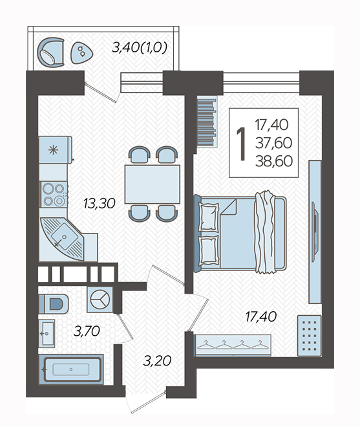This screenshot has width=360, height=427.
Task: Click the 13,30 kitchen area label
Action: (100, 203)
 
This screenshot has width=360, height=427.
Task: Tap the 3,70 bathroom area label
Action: (87, 331)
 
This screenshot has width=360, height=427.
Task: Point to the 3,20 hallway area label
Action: (157, 361)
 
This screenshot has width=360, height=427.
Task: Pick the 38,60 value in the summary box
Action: (274, 161)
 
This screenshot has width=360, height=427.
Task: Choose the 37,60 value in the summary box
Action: (274, 143)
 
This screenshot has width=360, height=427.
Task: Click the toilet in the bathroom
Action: (54, 303)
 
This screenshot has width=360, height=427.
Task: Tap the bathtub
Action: (71, 369)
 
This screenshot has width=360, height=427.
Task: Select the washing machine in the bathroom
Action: (100, 300)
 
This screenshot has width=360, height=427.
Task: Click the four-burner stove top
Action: (54, 195)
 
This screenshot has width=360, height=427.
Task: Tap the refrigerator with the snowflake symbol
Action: (56, 150)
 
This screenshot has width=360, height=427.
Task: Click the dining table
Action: (153, 184)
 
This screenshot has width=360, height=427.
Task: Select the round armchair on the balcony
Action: (51, 52)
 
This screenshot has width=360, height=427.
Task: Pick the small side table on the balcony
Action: (81, 53)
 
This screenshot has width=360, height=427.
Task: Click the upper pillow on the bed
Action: (209, 217)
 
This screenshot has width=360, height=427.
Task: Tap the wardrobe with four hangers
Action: (233, 345)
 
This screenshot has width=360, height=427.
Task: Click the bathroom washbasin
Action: (47, 333)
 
